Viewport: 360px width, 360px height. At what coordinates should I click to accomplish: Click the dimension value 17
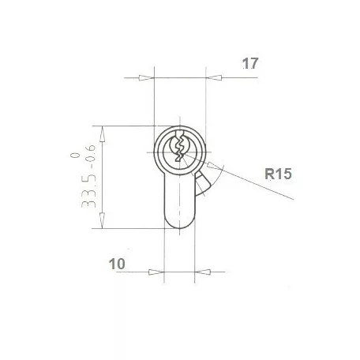click(249, 64)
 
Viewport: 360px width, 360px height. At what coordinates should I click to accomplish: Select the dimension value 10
click(117, 264)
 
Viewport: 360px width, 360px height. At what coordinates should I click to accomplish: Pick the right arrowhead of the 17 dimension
click(212, 78)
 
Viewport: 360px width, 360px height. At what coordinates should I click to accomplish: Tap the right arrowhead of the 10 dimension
click(201, 274)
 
